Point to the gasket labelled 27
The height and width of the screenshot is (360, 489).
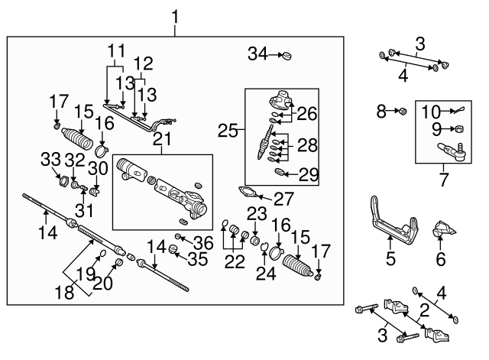tap(250, 192)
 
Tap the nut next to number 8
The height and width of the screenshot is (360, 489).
tap(399, 113)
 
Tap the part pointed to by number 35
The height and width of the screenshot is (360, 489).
tap(173, 251)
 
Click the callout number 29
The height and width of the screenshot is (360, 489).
tap(309, 174)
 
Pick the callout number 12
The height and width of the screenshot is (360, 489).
tap(144, 62)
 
